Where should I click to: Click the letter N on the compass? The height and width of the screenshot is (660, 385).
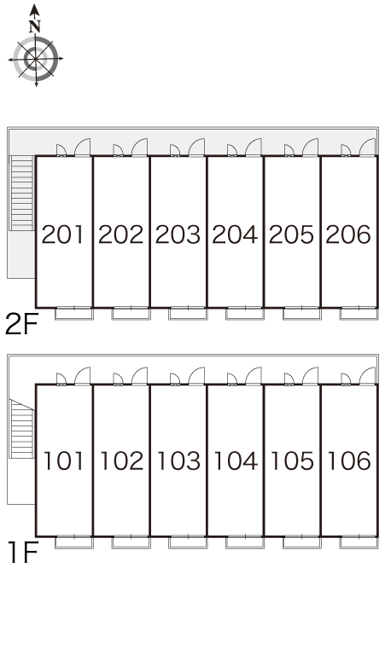(34, 26)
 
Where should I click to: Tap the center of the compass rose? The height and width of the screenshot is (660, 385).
(35, 59)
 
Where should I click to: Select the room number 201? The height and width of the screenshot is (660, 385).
(63, 234)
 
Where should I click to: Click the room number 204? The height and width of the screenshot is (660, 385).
(235, 234)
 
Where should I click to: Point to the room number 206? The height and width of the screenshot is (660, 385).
(348, 234)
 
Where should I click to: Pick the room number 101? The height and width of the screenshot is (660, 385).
(64, 460)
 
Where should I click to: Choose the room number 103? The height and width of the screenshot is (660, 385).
(178, 460)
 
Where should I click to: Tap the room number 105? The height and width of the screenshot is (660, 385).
(292, 460)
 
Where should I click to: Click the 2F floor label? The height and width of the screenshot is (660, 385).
(21, 325)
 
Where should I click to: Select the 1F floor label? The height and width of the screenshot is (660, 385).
(23, 553)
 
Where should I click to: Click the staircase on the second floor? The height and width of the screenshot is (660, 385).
(21, 194)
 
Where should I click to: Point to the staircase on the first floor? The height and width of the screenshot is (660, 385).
(22, 429)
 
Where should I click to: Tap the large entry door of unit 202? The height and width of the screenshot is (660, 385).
(139, 148)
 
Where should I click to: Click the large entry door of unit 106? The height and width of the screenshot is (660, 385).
(367, 376)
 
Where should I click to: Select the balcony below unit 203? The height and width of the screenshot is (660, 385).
(188, 313)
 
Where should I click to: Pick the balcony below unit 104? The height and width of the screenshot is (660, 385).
(245, 541)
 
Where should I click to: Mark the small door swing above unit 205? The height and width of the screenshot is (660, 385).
(289, 150)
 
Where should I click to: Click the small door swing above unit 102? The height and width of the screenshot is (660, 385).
(118, 379)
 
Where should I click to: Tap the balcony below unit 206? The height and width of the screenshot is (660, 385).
(359, 313)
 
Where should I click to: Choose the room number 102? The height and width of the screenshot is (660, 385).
(121, 460)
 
